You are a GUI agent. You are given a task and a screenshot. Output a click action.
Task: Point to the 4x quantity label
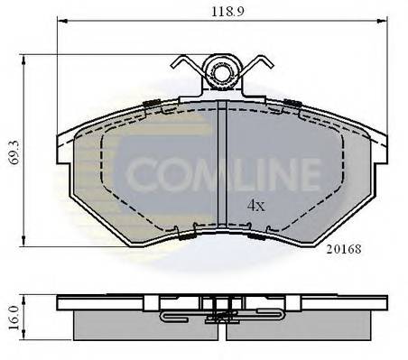pyautogui.click(x=256, y=205)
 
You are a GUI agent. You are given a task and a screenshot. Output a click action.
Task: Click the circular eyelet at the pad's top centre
pyautogui.click(x=221, y=70)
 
